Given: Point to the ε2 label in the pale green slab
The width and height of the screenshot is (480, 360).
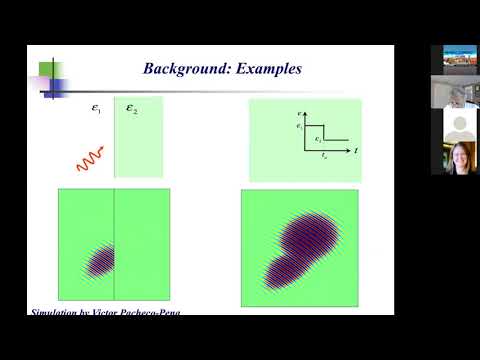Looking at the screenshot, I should pos(132,110).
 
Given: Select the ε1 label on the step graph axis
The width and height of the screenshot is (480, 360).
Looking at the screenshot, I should pos(299,126).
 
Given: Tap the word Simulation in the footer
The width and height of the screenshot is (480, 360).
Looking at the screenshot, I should pos(56,313).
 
